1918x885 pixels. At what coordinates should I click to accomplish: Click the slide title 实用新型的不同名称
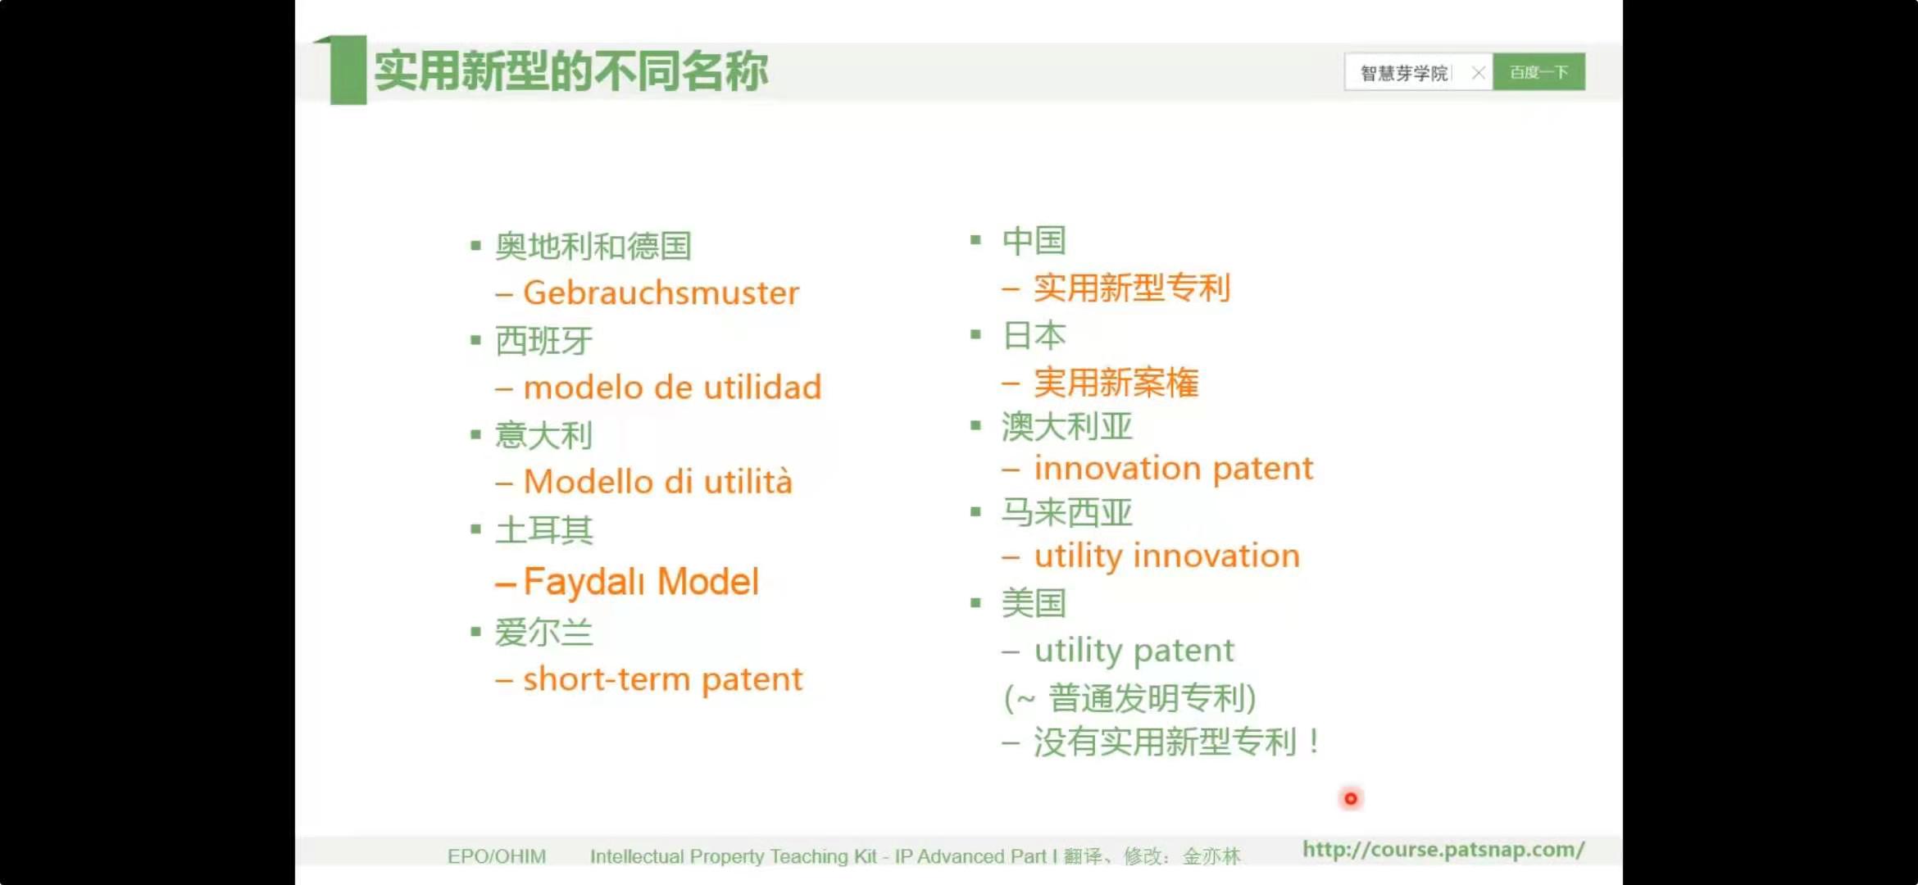tap(571, 71)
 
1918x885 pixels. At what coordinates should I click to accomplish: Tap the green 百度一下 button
tap(1538, 72)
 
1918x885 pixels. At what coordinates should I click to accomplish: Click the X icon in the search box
tap(1478, 73)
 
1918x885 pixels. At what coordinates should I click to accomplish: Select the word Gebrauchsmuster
tap(661, 293)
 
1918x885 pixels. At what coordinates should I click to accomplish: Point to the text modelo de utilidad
tap(672, 387)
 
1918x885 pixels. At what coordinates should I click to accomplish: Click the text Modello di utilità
tap(658, 481)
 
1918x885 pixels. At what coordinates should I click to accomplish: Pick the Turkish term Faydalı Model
tap(641, 582)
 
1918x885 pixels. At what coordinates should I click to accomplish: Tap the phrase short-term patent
tap(663, 679)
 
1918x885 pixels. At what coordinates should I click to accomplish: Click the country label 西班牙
tap(543, 340)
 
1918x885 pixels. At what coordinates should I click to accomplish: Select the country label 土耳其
tap(543, 529)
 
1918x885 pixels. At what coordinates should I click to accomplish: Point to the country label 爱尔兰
tap(543, 633)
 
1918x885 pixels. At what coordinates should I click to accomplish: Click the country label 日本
tap(1034, 335)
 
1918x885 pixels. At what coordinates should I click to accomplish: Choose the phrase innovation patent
tap(1174, 468)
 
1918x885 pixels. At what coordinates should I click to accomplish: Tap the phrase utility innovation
tap(1167, 556)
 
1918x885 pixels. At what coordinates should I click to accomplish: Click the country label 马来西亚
tap(1066, 512)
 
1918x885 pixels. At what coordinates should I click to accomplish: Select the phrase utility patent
tap(1134, 651)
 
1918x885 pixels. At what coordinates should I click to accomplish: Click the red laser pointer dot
tap(1351, 798)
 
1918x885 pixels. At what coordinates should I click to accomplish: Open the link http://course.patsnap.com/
tap(1443, 850)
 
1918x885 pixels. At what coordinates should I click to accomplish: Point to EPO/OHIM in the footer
tap(497, 856)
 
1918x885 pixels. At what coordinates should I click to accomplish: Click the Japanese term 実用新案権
tap(1116, 383)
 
